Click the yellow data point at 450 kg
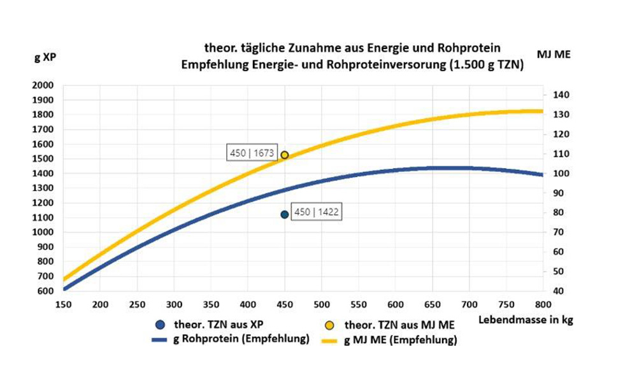point(285,155)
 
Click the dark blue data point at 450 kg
point(285,215)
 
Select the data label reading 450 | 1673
point(252,153)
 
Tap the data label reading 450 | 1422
point(316,213)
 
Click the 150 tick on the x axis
point(64,304)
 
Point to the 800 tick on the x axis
point(543,304)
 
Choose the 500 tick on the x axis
point(322,304)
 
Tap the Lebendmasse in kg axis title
point(526,320)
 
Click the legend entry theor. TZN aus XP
point(210,325)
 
